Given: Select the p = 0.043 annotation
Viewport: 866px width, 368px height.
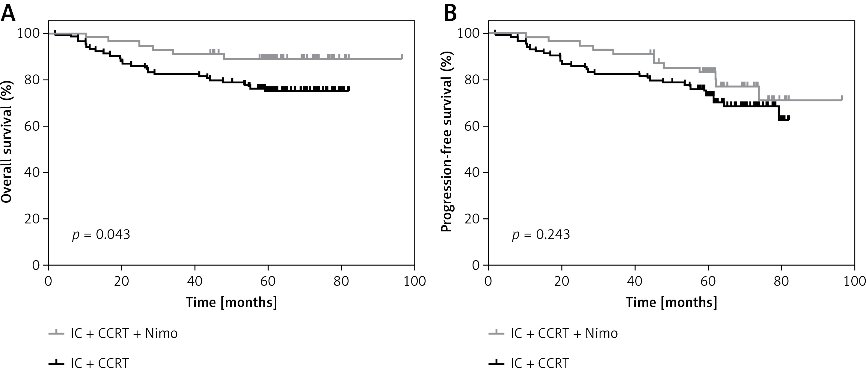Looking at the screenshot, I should [x=101, y=235].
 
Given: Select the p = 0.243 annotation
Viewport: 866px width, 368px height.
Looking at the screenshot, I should [x=541, y=235].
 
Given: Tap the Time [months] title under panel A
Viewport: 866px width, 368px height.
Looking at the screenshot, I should [x=232, y=302].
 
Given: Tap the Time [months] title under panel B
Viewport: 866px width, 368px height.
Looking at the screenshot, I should [x=671, y=302].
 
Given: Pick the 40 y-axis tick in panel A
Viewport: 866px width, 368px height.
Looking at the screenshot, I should [x=32, y=172].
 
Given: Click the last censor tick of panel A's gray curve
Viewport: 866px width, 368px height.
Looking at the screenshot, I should [x=402, y=56].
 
